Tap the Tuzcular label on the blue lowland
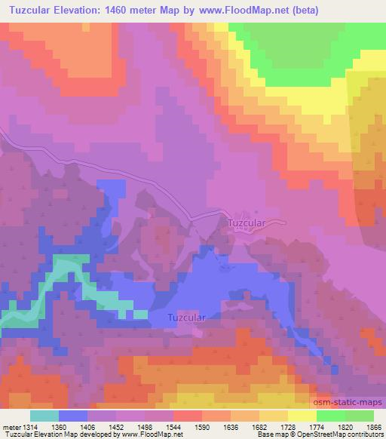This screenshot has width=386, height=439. (x=187, y=319)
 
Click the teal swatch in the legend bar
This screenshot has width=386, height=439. (x=44, y=416)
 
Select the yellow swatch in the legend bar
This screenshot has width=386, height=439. (x=302, y=416)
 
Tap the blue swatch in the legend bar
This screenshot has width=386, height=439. (x=73, y=416)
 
